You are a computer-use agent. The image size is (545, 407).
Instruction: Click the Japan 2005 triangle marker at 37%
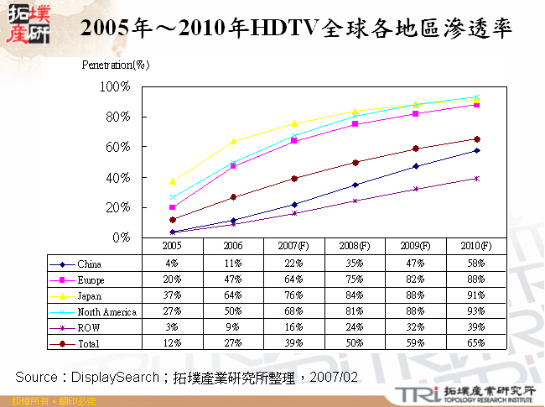173,181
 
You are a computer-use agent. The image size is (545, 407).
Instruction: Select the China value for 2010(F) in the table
476,264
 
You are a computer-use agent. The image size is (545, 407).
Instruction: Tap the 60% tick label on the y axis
117,147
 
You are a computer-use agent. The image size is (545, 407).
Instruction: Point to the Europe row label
91,279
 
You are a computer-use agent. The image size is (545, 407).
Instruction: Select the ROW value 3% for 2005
173,327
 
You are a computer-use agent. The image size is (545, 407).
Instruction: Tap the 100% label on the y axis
115,86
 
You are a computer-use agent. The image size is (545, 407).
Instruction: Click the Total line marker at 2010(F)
476,139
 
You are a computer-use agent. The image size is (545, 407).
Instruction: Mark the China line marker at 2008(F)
355,185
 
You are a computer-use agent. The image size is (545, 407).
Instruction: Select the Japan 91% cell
476,295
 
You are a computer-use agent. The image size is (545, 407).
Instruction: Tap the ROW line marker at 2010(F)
476,178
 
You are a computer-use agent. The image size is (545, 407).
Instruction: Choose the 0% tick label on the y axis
121,237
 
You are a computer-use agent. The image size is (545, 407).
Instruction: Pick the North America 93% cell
476,311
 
